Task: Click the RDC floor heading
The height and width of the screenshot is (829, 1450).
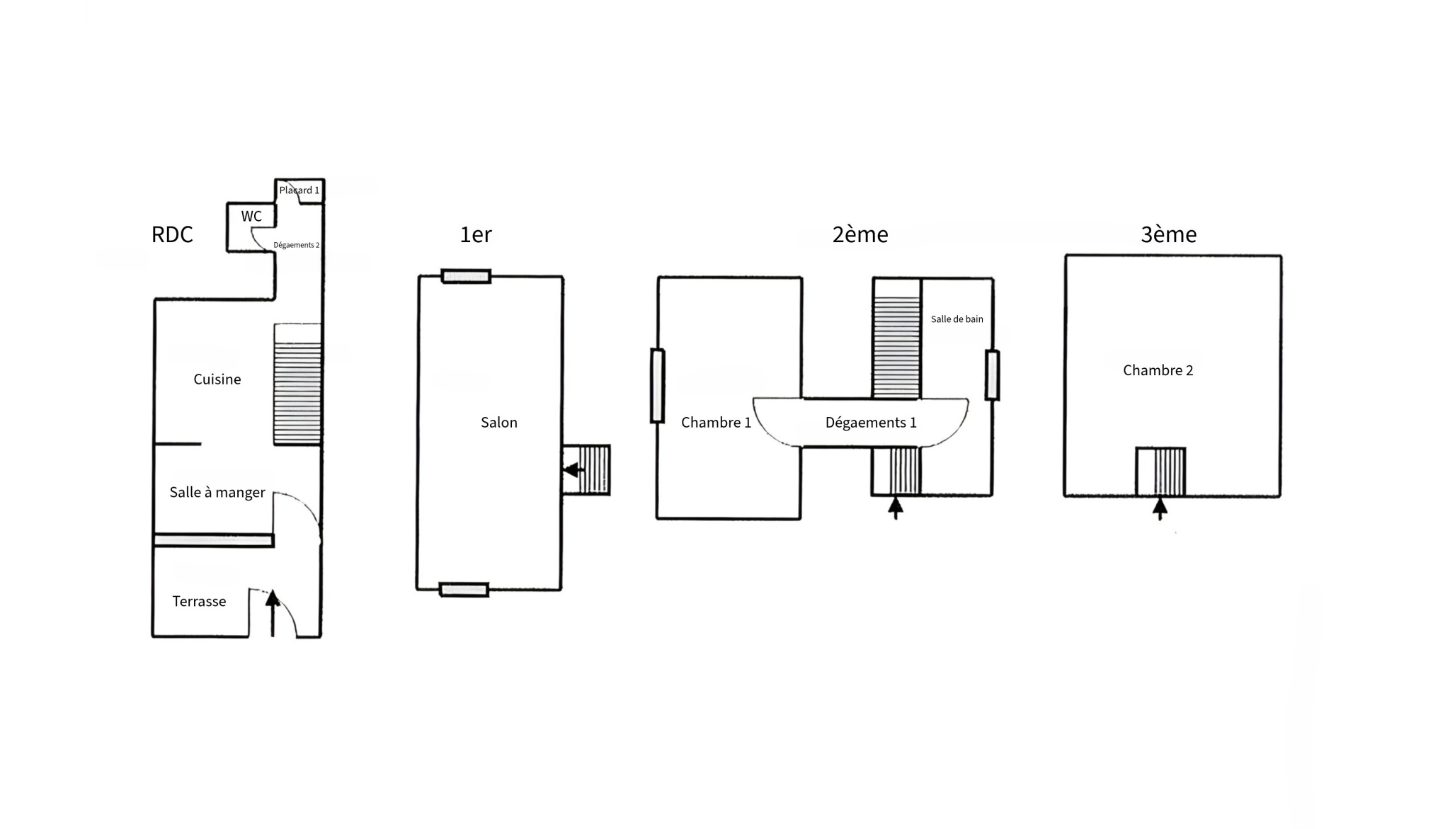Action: [x=172, y=234]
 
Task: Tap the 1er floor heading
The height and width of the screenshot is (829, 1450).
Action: [x=476, y=234]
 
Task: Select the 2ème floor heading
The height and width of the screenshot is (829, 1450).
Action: [x=860, y=234]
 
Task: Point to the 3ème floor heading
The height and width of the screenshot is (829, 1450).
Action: [x=1169, y=234]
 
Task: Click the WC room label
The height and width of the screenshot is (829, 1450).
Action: [x=251, y=216]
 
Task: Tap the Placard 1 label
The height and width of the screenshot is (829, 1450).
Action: [x=299, y=190]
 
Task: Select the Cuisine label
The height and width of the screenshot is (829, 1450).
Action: [x=217, y=379]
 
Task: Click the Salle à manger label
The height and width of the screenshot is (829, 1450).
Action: [x=217, y=493]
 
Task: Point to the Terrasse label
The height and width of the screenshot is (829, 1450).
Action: [x=199, y=602]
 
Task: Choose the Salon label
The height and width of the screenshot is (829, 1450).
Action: [x=499, y=423]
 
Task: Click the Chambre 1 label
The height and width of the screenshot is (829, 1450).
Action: [x=716, y=423]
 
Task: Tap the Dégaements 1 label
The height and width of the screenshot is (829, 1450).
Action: [x=871, y=423]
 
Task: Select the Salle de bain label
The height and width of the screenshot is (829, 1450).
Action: [x=957, y=319]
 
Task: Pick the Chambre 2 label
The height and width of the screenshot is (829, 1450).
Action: [x=1158, y=370]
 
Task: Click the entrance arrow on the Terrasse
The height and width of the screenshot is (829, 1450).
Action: [x=273, y=613]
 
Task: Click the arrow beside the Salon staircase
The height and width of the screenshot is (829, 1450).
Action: [x=574, y=469]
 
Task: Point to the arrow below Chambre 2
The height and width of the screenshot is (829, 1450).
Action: [x=1160, y=509]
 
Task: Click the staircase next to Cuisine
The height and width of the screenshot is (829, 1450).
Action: [x=298, y=384]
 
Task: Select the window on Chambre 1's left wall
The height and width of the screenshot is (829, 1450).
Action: [x=658, y=386]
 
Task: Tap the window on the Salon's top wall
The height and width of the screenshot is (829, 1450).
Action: [x=467, y=276]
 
